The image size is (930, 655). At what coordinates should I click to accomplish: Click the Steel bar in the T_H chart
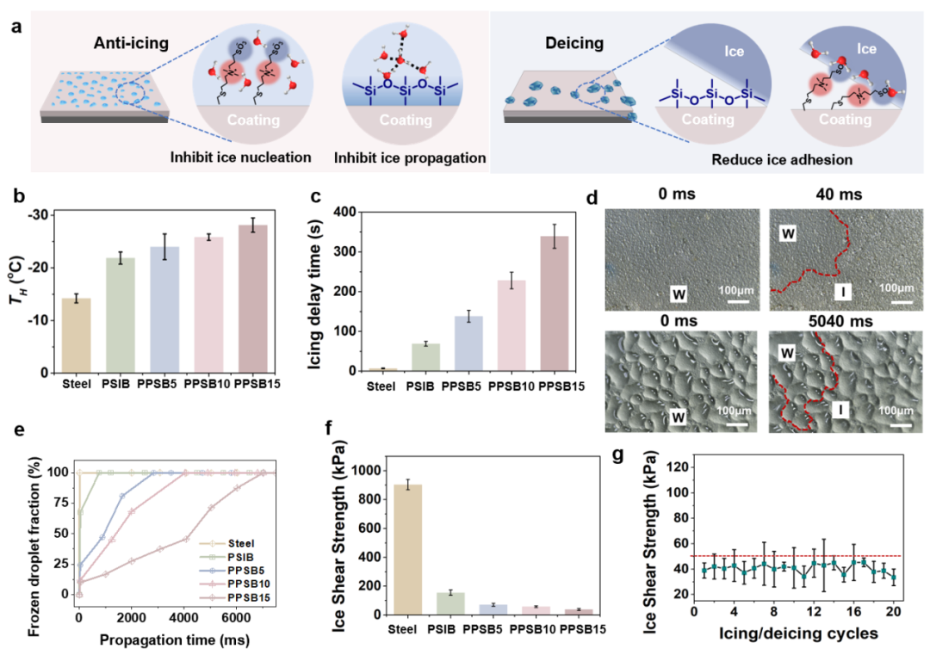(76, 336)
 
